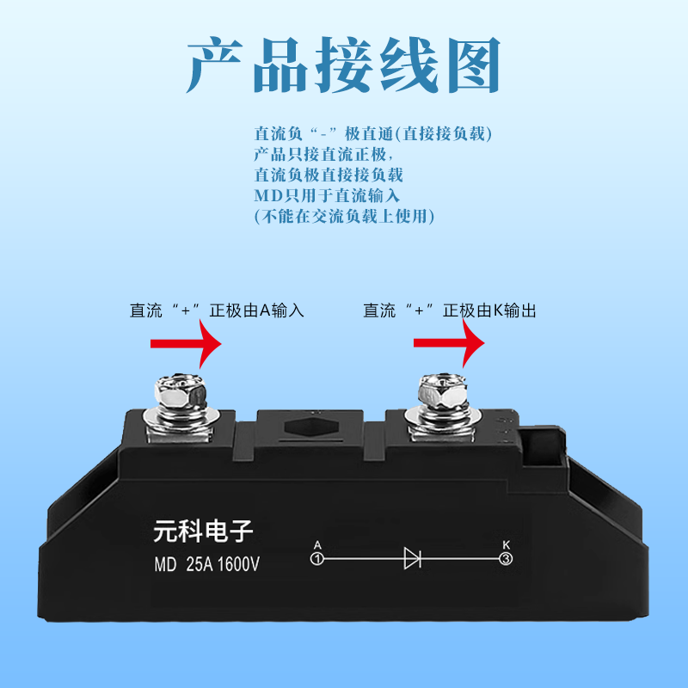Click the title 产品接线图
[x=343, y=64]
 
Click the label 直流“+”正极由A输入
[x=217, y=310]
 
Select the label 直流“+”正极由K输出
[x=450, y=310]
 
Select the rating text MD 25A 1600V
[x=206, y=565]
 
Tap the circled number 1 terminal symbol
[x=316, y=559]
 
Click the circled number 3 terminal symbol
[x=506, y=559]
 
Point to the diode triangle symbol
[x=412, y=559]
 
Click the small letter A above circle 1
[x=317, y=545]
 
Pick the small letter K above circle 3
[x=506, y=545]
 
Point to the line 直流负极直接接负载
[x=329, y=175]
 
